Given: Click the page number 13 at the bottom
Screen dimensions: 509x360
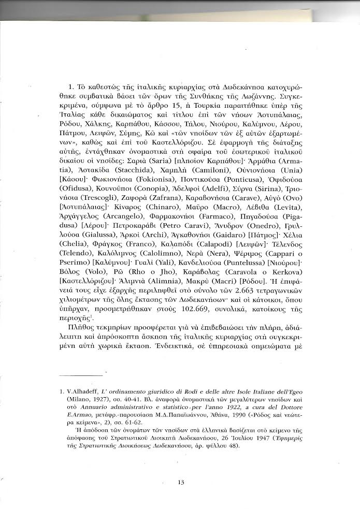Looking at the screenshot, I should pos(181,483).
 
